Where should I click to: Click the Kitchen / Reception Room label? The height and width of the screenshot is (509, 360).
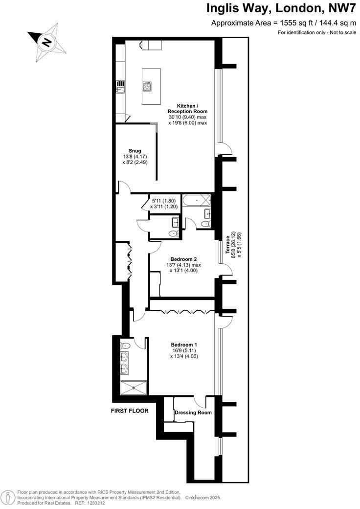187,109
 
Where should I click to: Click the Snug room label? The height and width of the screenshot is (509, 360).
135,151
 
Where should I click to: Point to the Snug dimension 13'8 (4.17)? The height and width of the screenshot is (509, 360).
135,157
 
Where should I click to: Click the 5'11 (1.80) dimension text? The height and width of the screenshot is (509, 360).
163,201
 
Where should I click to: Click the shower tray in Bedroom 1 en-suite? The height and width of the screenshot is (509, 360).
134,389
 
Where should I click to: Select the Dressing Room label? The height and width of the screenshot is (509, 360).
194,413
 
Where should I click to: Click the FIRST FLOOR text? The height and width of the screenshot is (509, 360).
130,411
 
